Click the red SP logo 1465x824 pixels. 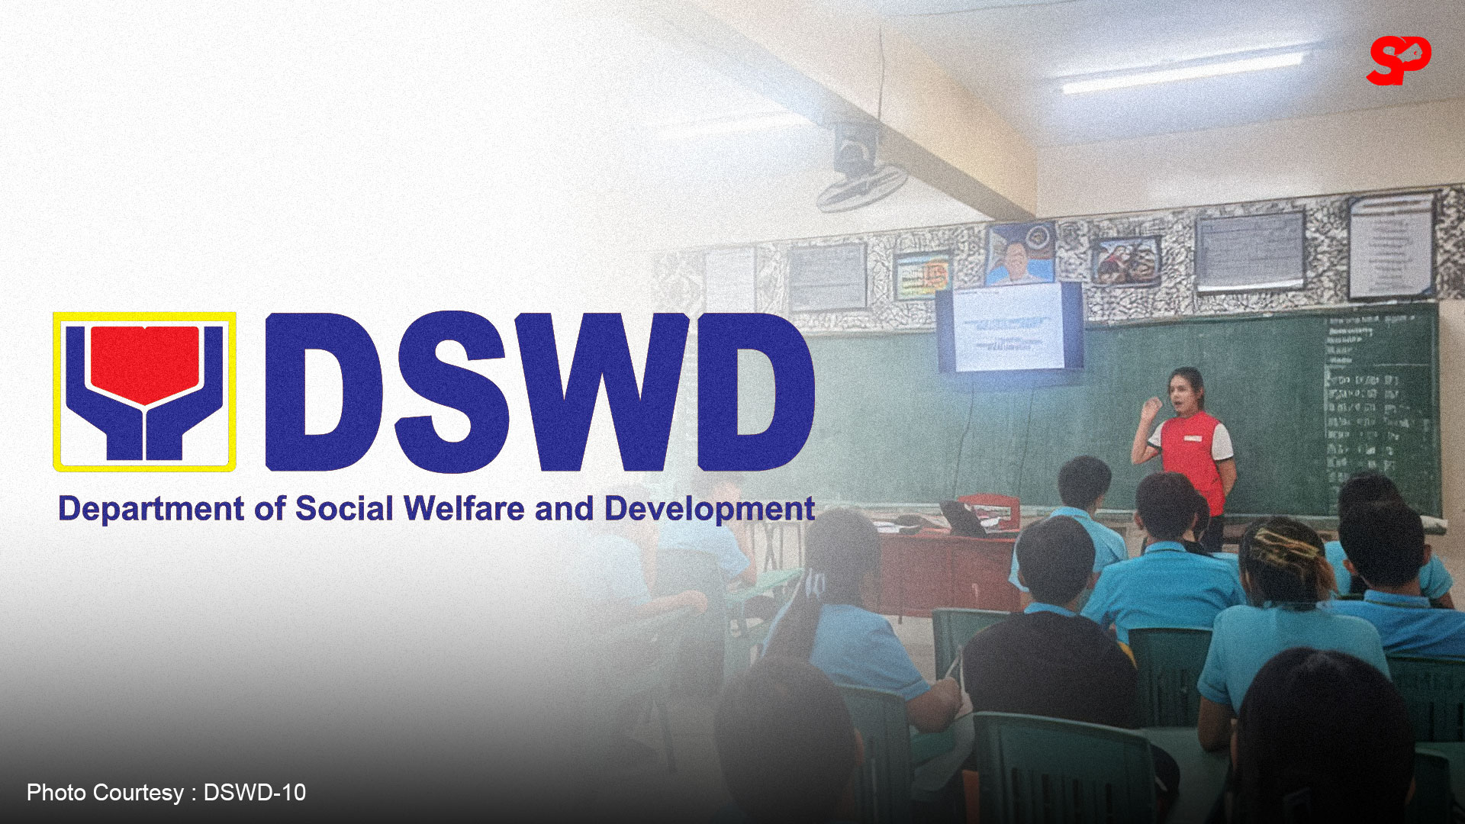(1398, 60)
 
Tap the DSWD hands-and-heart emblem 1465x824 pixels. (144, 391)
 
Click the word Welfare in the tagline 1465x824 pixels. (464, 509)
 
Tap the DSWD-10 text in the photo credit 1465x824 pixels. (255, 793)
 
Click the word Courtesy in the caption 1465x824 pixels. (138, 793)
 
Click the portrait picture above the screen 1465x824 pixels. (1019, 255)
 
